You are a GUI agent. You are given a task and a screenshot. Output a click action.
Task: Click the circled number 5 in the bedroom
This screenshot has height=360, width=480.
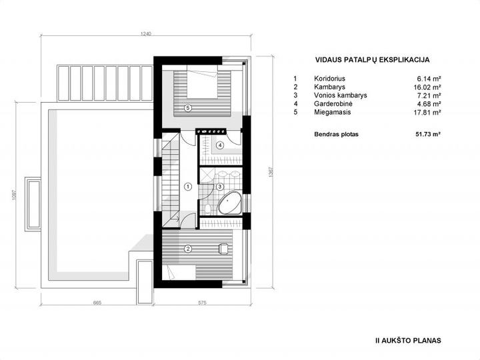point(188,108)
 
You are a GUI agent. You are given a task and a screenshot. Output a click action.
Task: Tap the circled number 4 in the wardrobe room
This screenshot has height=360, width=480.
point(220,145)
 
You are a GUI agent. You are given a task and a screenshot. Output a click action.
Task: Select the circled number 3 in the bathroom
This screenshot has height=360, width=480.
point(219,187)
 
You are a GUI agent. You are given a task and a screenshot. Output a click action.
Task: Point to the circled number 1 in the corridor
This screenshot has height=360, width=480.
point(188,186)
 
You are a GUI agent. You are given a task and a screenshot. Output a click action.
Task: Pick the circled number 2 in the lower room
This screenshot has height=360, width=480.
point(188,249)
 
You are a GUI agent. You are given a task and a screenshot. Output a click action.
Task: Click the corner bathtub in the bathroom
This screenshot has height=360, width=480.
point(229,203)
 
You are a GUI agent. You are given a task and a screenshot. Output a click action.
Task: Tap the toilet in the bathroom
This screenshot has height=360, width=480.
point(208,209)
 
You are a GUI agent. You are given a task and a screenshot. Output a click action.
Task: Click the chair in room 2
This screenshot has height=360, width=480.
point(223,248)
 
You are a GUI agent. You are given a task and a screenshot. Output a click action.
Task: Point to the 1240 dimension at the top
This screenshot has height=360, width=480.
point(146,34)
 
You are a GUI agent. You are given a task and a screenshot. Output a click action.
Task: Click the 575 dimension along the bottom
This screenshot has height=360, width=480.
point(202,303)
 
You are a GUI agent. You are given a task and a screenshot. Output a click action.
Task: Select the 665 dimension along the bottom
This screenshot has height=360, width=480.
point(97,303)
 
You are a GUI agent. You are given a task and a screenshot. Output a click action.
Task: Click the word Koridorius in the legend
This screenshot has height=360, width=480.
point(329,79)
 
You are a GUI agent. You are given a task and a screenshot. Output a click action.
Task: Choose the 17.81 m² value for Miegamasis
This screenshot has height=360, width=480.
point(427,113)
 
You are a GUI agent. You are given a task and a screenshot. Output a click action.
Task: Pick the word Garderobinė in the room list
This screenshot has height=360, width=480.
point(333,104)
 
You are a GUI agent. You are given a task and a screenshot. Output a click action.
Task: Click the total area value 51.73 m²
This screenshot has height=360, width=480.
point(428,134)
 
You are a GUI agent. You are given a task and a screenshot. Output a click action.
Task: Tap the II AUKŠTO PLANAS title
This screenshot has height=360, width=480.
point(408,341)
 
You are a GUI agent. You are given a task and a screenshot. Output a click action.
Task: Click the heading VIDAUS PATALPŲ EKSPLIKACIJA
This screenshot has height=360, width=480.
point(372,60)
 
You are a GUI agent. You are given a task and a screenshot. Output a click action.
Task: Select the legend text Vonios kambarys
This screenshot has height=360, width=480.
point(341,95)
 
